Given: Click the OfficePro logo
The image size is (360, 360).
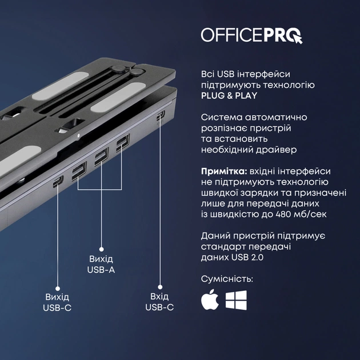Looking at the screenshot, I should point(251,35).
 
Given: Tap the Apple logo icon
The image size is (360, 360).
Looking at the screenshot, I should point(210,300).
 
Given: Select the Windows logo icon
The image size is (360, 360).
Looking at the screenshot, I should point(236,301).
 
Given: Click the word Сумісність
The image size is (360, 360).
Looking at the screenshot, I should point(227,279).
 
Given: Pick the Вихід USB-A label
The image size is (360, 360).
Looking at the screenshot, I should point(101,263).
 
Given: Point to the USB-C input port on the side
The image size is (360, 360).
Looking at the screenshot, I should point(161,117).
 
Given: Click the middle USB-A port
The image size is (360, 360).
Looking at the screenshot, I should point(101,157).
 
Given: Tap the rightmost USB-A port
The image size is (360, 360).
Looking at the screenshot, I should point(122,145).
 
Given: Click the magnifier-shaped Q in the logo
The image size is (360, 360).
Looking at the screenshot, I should point(295,36).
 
